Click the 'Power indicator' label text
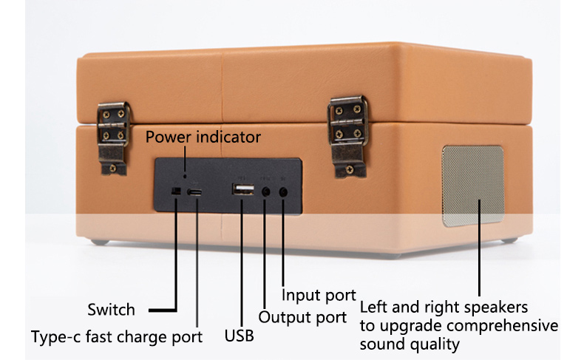[x=203, y=137]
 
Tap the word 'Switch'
[x=111, y=310]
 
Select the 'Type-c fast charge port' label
[x=117, y=337]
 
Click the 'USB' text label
[x=239, y=336]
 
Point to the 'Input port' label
[x=319, y=295]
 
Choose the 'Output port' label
[x=302, y=318]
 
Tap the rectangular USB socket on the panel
[x=243, y=189]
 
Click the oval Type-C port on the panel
[x=194, y=192]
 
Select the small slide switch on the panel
[x=175, y=191]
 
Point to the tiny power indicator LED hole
[x=185, y=176]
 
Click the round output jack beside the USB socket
[x=266, y=191]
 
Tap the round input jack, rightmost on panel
[x=283, y=192]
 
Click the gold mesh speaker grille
[x=473, y=186]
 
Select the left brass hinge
[x=113, y=138]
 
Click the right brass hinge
[x=348, y=137]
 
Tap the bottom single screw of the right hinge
[x=350, y=170]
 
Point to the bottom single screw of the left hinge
[x=113, y=169]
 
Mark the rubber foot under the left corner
[x=101, y=242]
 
